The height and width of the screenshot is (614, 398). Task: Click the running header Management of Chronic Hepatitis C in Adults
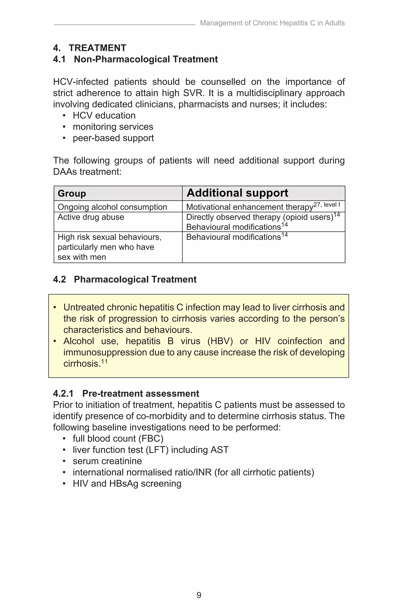click(272, 23)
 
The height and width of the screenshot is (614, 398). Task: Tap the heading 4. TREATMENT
click(90, 48)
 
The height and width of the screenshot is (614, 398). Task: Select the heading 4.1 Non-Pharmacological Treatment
click(135, 59)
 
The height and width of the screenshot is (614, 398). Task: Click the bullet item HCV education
click(104, 116)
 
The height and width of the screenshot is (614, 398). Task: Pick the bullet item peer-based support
click(113, 138)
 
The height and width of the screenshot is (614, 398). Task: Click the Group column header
click(72, 193)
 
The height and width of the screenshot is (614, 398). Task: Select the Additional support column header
click(237, 193)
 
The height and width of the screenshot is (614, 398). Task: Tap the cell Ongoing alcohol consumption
click(112, 207)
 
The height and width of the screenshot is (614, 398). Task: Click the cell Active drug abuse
click(91, 217)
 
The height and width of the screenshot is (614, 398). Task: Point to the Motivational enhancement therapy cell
click(249, 207)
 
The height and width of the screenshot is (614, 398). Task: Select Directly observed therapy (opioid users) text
click(260, 217)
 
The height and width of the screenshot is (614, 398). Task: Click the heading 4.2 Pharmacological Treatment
click(125, 279)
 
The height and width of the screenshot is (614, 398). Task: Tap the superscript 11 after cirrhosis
click(104, 361)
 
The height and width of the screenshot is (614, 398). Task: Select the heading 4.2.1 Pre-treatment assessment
click(126, 394)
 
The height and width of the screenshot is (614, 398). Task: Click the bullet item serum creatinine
click(107, 461)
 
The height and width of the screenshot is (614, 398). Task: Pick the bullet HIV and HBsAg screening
click(127, 483)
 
